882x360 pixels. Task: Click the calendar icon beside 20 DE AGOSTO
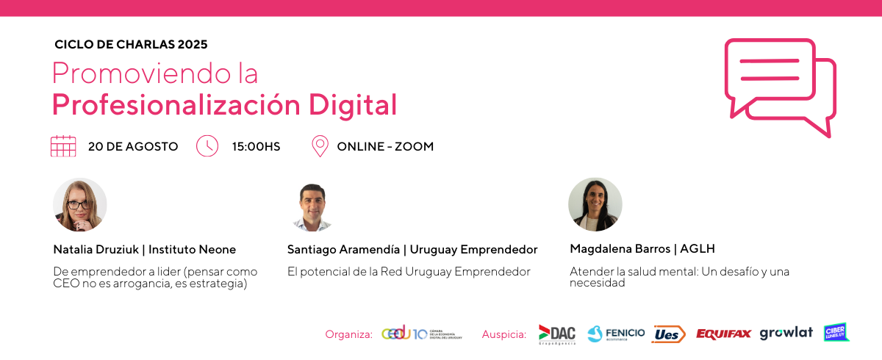[63, 146]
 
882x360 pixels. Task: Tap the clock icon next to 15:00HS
[207, 146]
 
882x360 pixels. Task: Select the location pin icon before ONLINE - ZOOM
[320, 146]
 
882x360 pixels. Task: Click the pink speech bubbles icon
[780, 87]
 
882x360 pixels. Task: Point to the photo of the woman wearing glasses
[80, 204]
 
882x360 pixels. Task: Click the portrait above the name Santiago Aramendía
[312, 207]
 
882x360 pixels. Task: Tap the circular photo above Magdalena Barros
[595, 204]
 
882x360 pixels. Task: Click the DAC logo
[557, 335]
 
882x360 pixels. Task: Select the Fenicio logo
[616, 334]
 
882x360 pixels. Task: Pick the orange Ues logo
[668, 334]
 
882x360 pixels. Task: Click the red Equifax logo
[723, 334]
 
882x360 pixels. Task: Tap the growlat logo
[786, 334]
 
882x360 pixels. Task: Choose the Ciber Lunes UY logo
[836, 333]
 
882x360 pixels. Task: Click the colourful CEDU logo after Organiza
[422, 334]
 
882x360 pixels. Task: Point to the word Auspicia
[504, 334]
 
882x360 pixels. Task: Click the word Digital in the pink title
[352, 105]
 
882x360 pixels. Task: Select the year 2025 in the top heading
[193, 45]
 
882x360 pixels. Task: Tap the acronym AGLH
[698, 248]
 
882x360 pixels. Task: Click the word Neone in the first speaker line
[218, 250]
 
